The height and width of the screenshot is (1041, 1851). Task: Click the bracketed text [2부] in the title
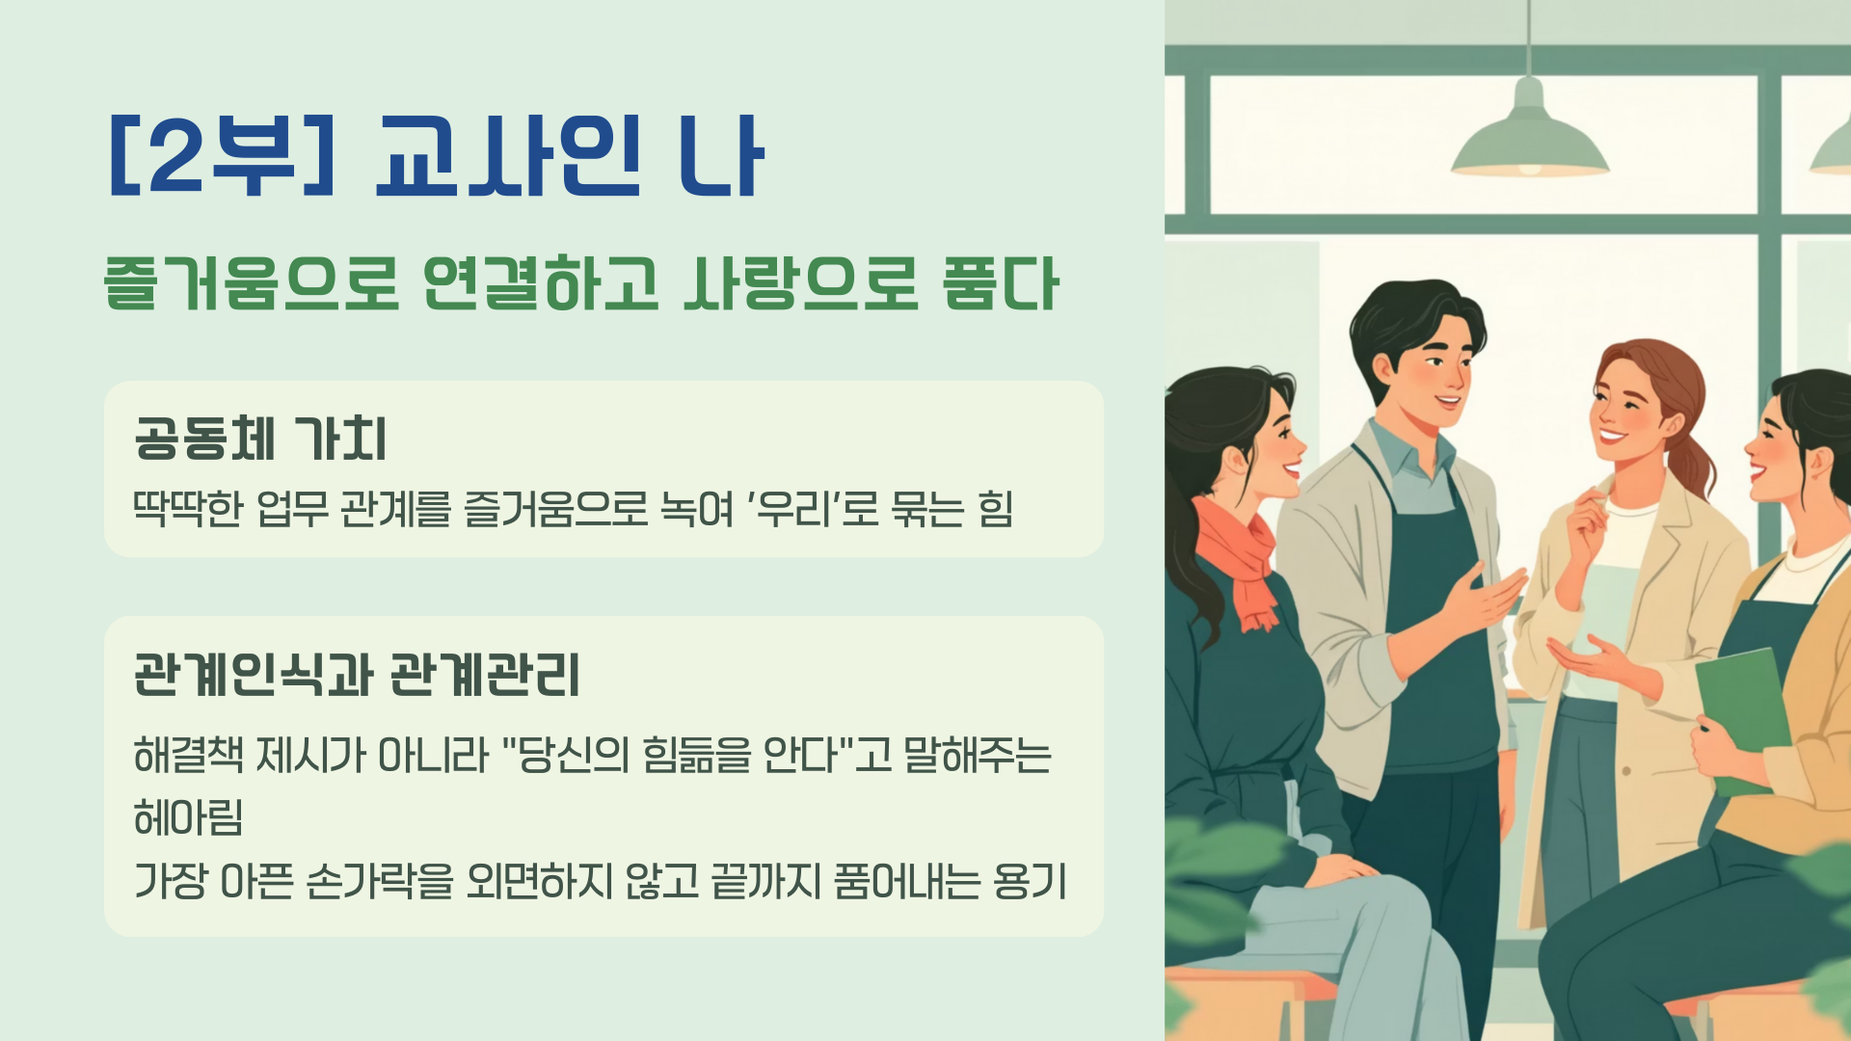[223, 155]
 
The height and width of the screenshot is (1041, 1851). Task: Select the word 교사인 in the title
[508, 155]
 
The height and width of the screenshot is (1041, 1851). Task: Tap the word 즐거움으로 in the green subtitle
[252, 283]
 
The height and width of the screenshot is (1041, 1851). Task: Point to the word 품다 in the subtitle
[1001, 283]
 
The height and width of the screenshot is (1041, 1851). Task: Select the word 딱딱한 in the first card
[188, 508]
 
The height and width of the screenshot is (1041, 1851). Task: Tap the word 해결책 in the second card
[188, 755]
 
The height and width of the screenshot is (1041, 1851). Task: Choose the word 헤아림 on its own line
[188, 817]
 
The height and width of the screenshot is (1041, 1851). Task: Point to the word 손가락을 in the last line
[379, 880]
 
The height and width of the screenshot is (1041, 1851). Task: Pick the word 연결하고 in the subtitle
[541, 283]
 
